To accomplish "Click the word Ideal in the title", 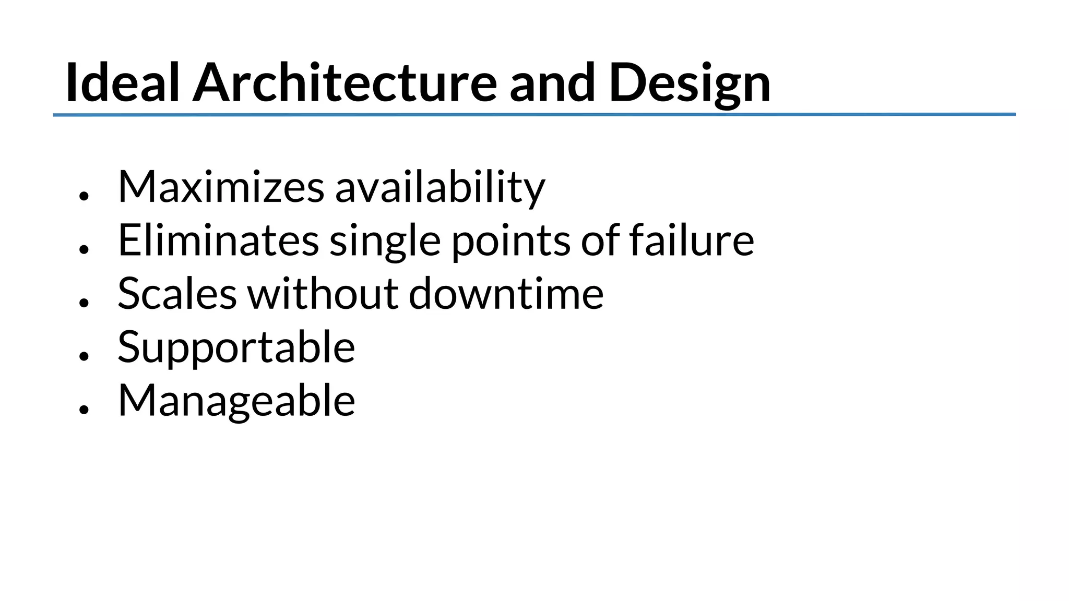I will pyautogui.click(x=123, y=83).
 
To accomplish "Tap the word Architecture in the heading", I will pyautogui.click(x=345, y=83).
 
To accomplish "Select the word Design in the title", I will pyautogui.click(x=690, y=83).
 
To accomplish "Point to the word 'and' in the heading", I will pyautogui.click(x=552, y=83).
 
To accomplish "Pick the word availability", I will pyautogui.click(x=440, y=187).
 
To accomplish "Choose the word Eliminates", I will pyautogui.click(x=218, y=241).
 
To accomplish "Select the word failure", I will pyautogui.click(x=692, y=241).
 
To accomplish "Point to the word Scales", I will pyautogui.click(x=177, y=294).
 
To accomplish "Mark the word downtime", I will pyautogui.click(x=506, y=294).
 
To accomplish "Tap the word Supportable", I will pyautogui.click(x=236, y=348).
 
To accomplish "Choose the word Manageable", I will pyautogui.click(x=236, y=401).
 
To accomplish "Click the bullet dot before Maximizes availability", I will pyautogui.click(x=84, y=196).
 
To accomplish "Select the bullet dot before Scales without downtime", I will pyautogui.click(x=84, y=303).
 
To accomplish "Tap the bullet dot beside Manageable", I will pyautogui.click(x=84, y=410).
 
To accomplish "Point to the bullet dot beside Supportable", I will pyautogui.click(x=84, y=356).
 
